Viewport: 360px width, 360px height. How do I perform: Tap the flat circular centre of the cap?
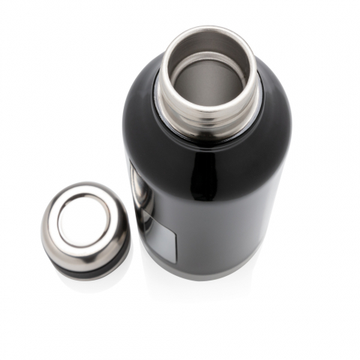point(83,218)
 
